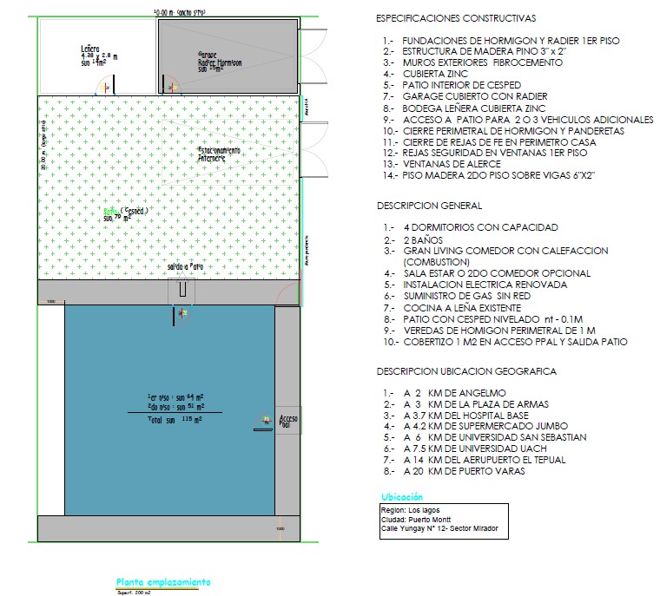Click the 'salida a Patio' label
tap(185, 266)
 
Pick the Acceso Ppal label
tap(287, 422)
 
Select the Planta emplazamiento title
tap(162, 582)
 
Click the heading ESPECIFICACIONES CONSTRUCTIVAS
tap(456, 18)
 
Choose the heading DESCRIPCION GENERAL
tap(429, 206)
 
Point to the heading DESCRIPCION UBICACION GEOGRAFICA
tap(466, 371)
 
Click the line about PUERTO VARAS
tap(465, 471)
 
